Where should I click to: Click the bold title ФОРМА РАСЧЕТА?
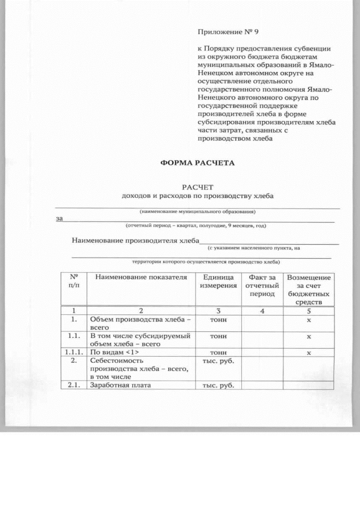[x=197, y=163]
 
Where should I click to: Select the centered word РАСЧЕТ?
[x=197, y=187]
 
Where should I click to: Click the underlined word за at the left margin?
[x=59, y=219]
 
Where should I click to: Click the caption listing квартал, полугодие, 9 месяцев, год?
[x=196, y=226]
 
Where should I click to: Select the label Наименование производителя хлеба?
[x=136, y=241]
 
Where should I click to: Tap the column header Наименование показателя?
[x=141, y=277]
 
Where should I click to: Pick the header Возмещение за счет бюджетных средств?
[x=309, y=290]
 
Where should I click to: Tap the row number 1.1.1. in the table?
[x=73, y=353]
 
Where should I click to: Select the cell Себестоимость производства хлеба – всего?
[x=138, y=368]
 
